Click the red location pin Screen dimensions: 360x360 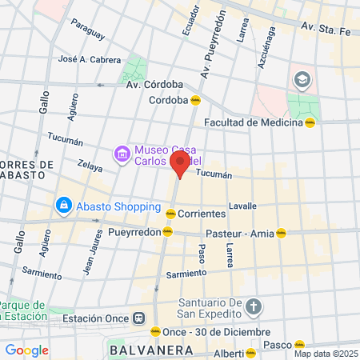180,164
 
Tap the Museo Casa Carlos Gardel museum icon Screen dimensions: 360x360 122,153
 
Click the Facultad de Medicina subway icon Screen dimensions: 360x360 310,122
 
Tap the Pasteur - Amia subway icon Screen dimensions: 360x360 281,234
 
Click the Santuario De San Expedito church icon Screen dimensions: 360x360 253,307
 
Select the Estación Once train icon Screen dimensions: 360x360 139,318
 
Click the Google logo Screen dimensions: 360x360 26,350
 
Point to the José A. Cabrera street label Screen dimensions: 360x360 90,59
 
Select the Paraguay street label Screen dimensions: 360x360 87,30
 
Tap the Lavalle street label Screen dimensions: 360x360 242,206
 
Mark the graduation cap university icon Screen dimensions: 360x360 302,79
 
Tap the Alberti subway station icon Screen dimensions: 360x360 251,352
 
